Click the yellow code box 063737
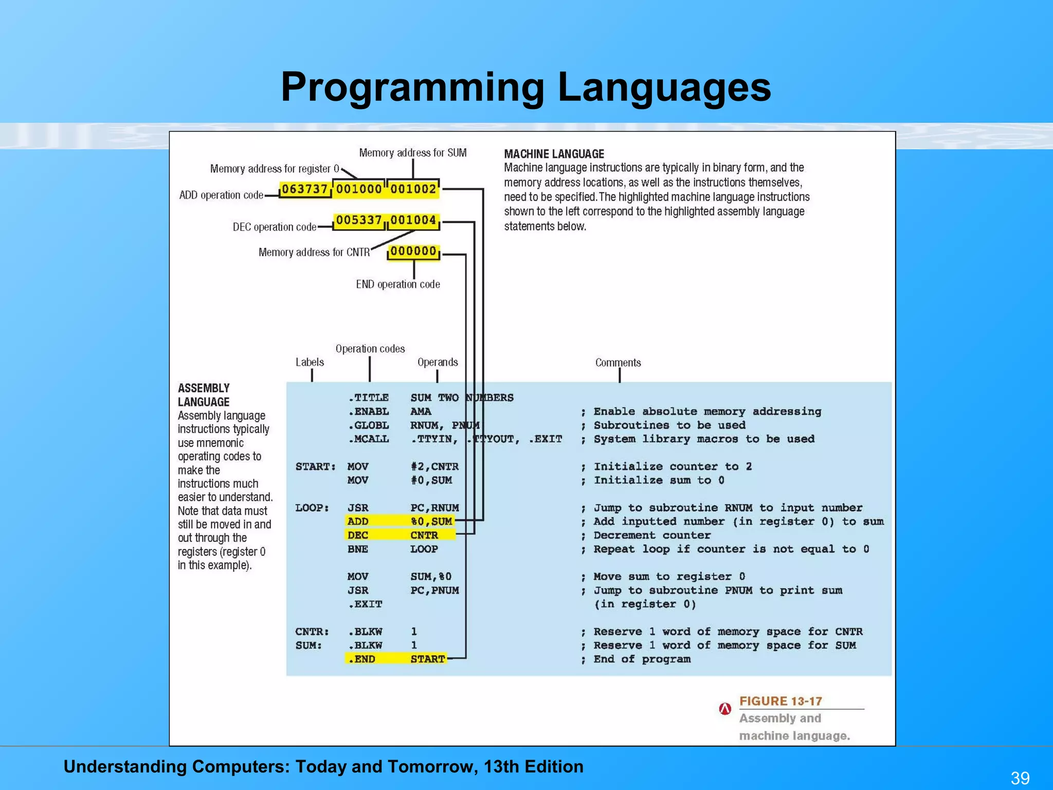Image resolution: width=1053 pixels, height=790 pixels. pyautogui.click(x=304, y=190)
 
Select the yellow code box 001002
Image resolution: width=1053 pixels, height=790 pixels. pyautogui.click(x=413, y=190)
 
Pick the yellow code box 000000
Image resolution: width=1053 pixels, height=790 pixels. pyautogui.click(x=413, y=252)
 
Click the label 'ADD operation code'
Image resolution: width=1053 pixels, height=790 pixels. pyautogui.click(x=221, y=195)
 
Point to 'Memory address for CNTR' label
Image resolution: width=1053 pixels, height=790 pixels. pyautogui.click(x=314, y=253)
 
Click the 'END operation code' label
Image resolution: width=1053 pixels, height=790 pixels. pyautogui.click(x=398, y=284)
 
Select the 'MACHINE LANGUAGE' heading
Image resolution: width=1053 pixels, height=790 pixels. pyautogui.click(x=554, y=154)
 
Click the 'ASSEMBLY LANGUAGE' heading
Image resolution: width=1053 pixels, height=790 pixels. pyautogui.click(x=204, y=395)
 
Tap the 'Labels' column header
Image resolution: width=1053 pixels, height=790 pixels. pyautogui.click(x=310, y=362)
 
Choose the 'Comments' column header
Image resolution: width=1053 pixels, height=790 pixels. pyautogui.click(x=618, y=363)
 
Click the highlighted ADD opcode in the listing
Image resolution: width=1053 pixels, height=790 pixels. pyautogui.click(x=358, y=522)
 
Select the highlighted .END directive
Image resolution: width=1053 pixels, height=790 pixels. pyautogui.click(x=362, y=659)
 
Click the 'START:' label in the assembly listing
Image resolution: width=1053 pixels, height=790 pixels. pyautogui.click(x=315, y=466)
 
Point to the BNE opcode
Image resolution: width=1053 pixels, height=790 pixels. pyautogui.click(x=358, y=549)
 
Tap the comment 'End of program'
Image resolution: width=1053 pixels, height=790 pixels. pyautogui.click(x=642, y=659)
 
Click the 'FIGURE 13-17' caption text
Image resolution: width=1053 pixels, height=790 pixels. pyautogui.click(x=780, y=702)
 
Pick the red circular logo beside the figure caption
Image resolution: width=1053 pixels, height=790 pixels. pyautogui.click(x=725, y=709)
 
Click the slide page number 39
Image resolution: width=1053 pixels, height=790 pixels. pyautogui.click(x=1020, y=778)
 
